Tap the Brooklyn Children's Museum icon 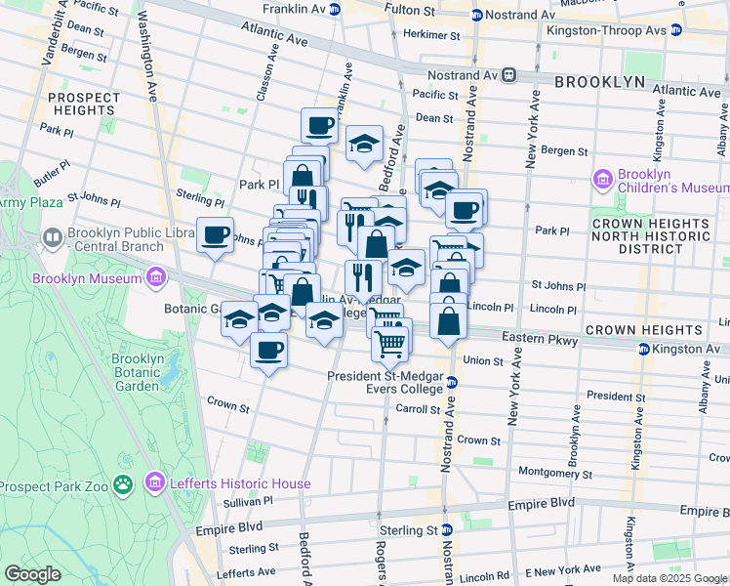602,180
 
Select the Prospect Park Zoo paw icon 122,484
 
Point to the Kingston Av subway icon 644,349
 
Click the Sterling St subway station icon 446,529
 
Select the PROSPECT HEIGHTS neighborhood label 83,104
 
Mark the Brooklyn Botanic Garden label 137,372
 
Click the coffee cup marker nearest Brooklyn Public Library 215,235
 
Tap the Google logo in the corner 33,574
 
